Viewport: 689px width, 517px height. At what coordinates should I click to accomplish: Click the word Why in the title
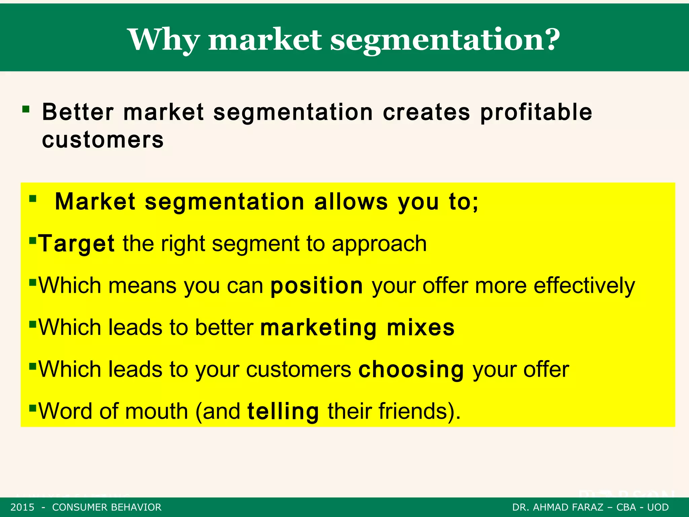164,40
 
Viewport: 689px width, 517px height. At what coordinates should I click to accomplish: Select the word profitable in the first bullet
536,113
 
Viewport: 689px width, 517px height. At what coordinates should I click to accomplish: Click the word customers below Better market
103,140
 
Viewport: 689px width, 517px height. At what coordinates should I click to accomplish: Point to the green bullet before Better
26,109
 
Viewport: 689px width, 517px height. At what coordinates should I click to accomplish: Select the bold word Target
76,244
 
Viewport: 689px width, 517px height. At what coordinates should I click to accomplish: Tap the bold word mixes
421,328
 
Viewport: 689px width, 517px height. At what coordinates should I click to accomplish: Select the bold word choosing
411,370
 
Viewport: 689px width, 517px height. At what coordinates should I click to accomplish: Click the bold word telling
283,411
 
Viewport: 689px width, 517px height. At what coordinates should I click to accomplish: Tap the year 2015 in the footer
22,507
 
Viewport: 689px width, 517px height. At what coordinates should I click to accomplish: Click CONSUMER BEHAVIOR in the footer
107,507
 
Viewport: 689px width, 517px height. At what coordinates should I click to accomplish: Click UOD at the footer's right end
658,507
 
